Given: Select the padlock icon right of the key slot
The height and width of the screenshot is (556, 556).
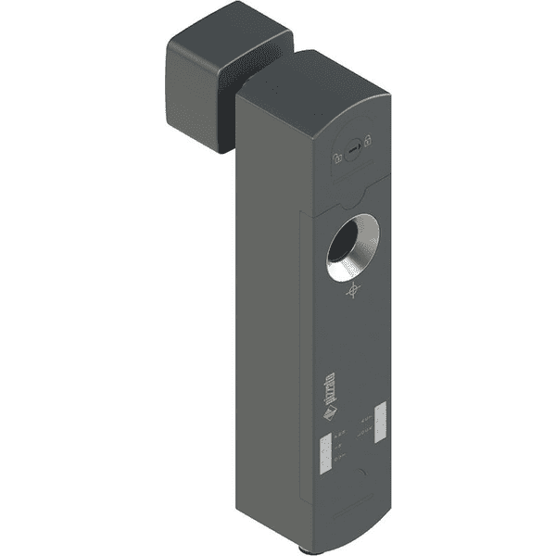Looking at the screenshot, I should click(x=368, y=140).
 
